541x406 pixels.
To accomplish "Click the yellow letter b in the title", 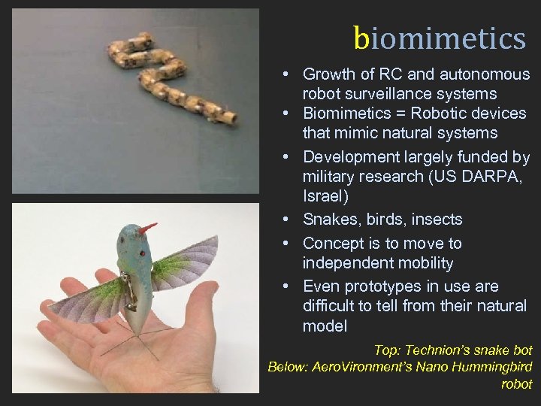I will coord(363,38).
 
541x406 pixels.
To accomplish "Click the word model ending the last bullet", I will coord(325,326).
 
